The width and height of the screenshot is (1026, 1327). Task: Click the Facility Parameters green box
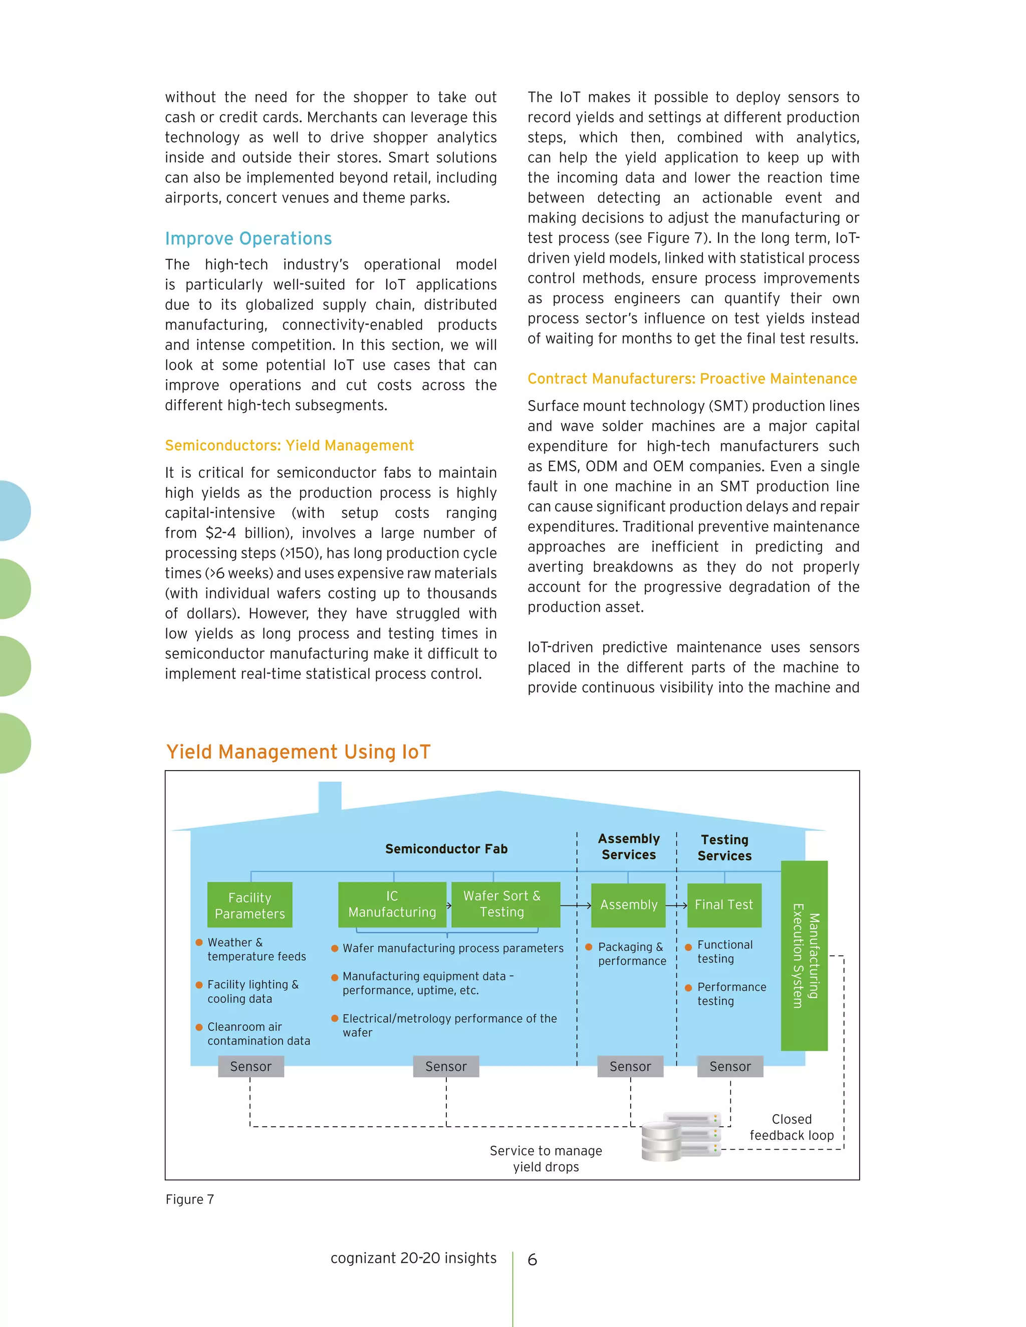[250, 905]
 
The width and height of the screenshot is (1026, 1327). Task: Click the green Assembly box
[629, 905]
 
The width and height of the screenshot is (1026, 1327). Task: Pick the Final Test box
[724, 905]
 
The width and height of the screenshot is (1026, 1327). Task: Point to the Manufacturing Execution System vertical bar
[804, 955]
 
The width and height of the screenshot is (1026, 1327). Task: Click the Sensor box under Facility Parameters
[251, 1066]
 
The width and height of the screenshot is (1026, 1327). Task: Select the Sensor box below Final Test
[730, 1066]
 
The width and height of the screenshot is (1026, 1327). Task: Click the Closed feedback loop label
[792, 1127]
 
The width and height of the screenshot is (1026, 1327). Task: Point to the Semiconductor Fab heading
[446, 849]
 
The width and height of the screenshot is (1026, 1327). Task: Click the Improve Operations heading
[248, 238]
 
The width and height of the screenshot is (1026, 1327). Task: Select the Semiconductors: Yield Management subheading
[290, 445]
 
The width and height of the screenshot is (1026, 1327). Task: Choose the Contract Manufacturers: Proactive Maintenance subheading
[692, 379]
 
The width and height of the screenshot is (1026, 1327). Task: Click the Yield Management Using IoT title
[298, 752]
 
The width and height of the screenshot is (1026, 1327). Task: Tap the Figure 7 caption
[190, 1199]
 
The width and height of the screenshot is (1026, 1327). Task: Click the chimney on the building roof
[330, 796]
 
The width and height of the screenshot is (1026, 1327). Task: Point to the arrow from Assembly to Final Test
[676, 905]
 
